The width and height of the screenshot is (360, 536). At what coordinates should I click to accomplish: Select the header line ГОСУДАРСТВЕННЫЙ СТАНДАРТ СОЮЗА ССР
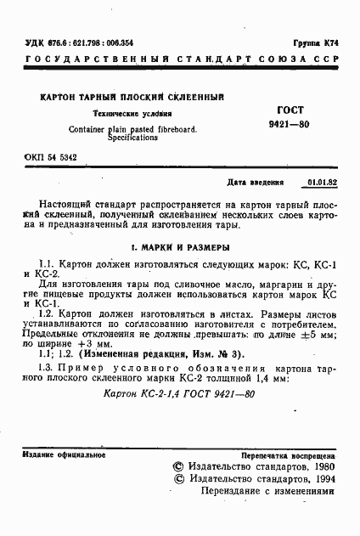[179, 60]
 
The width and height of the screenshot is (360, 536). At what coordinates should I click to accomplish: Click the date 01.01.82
[323, 183]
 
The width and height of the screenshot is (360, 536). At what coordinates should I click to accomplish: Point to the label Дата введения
[260, 183]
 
